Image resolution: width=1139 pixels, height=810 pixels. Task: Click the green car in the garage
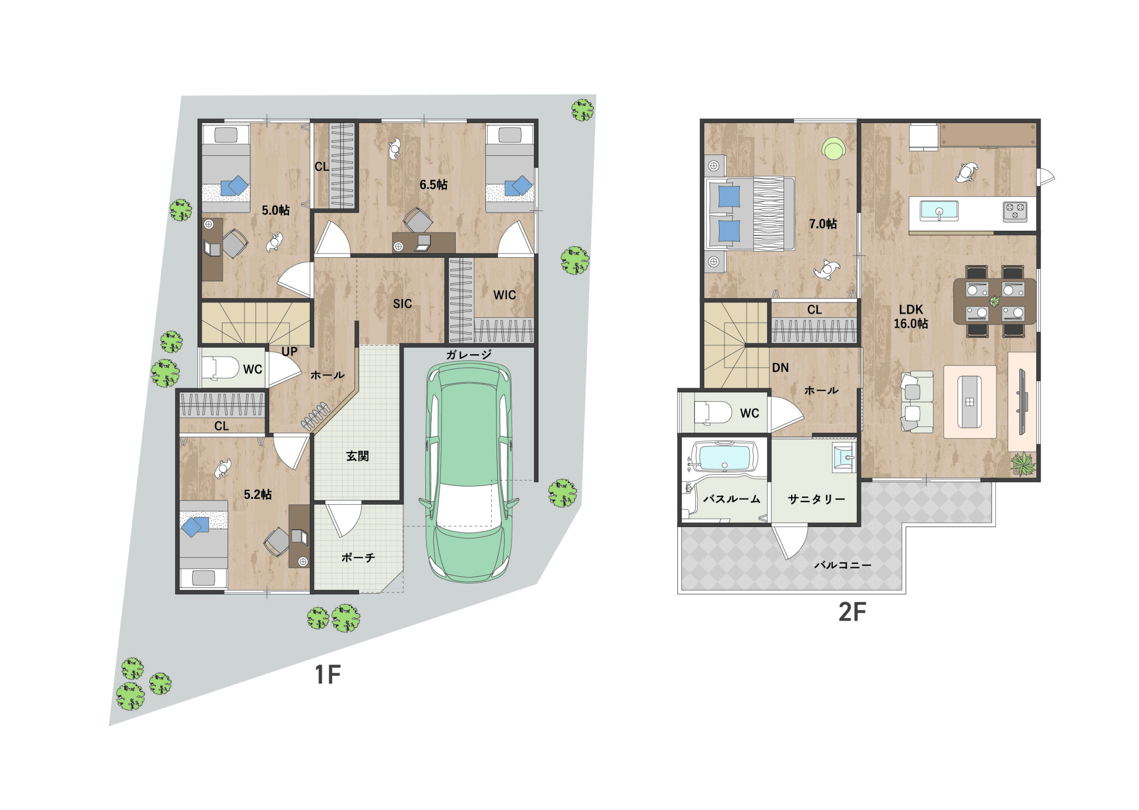[469, 471]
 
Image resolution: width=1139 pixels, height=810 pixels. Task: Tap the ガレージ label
[469, 355]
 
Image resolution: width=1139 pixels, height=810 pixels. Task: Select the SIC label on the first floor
[402, 304]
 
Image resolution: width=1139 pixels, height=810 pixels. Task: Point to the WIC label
[505, 295]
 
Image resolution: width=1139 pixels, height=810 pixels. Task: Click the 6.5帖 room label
[433, 185]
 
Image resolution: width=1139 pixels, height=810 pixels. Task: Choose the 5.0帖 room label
[276, 210]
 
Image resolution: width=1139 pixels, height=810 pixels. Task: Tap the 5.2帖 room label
[258, 494]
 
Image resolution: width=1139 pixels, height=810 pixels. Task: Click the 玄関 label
[357, 456]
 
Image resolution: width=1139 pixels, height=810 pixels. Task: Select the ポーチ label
[358, 558]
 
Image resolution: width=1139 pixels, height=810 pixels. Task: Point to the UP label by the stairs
[289, 352]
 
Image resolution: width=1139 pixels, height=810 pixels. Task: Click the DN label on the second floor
[780, 368]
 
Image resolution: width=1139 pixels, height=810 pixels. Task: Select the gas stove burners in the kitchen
[1015, 211]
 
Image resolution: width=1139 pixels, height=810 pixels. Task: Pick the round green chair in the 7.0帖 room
[833, 148]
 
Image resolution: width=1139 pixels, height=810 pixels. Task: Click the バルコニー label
[843, 565]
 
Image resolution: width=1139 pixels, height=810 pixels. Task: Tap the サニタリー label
[816, 499]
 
